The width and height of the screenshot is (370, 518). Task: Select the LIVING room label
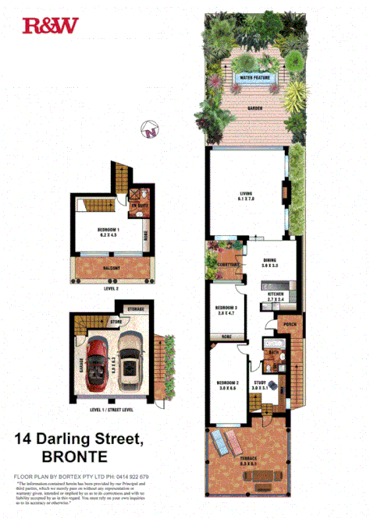[x=248, y=196]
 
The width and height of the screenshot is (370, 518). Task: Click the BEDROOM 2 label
[x=227, y=384]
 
